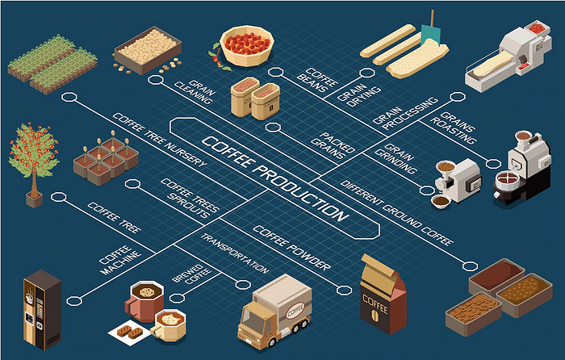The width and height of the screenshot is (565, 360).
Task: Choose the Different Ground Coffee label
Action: click(396, 210)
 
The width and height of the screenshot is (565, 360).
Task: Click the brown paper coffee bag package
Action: click(380, 295)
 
